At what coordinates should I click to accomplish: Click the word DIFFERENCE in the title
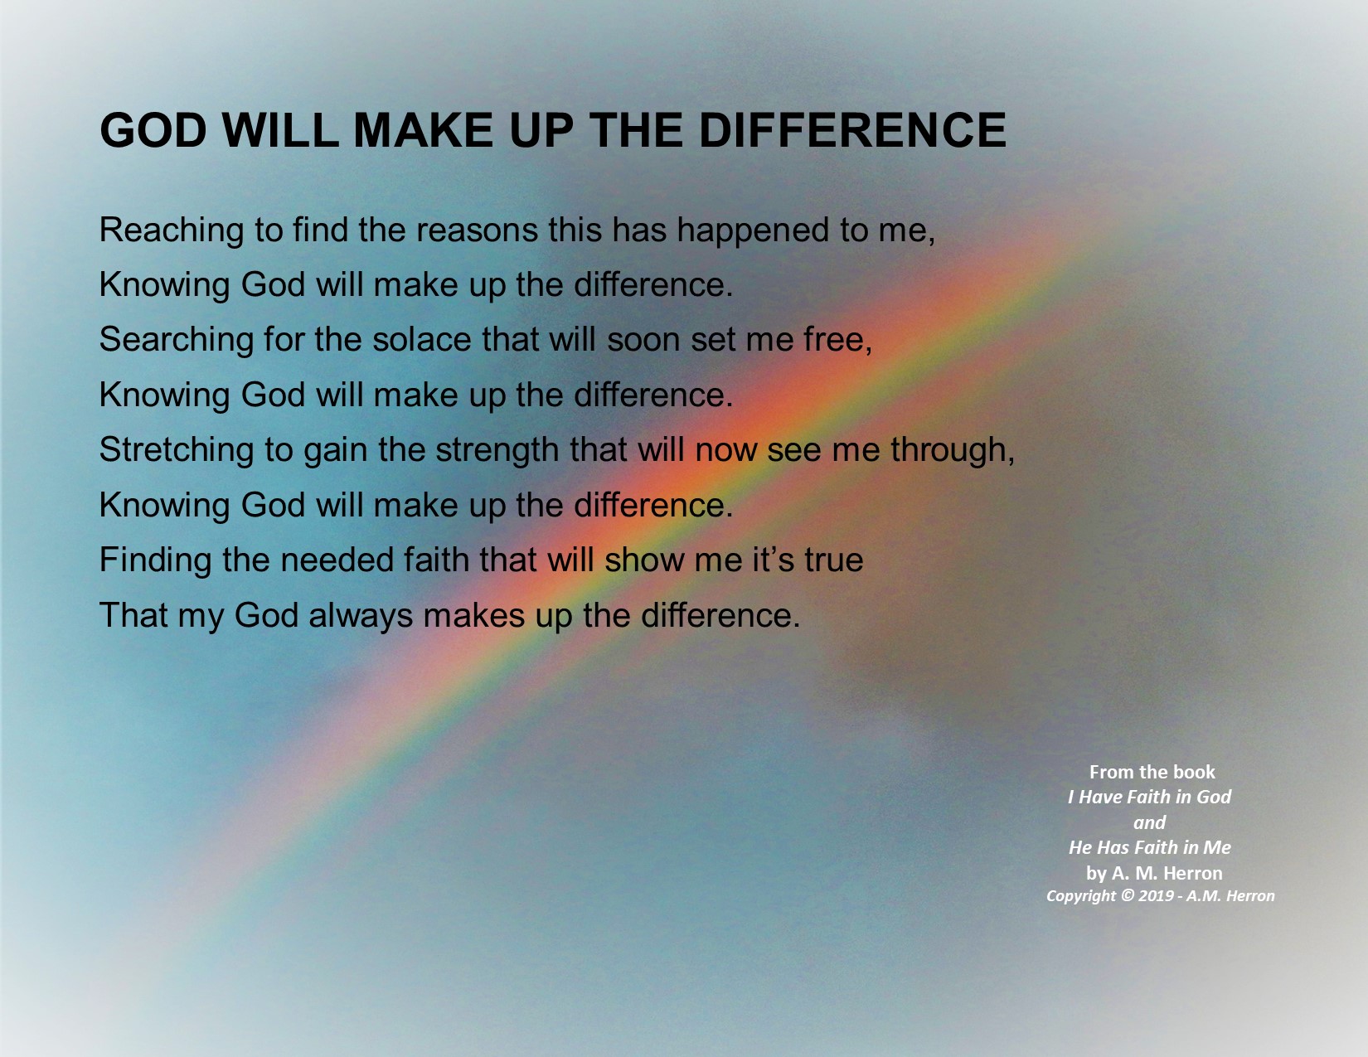[852, 130]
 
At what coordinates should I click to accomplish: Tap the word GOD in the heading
[153, 130]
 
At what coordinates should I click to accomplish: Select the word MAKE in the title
[423, 130]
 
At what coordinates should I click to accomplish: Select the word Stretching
[177, 451]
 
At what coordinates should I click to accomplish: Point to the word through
[953, 451]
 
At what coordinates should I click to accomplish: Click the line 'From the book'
[1152, 772]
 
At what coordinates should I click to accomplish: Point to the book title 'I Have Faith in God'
[1150, 797]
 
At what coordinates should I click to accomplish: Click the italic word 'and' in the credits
[1150, 822]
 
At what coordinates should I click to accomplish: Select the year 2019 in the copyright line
[1156, 896]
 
